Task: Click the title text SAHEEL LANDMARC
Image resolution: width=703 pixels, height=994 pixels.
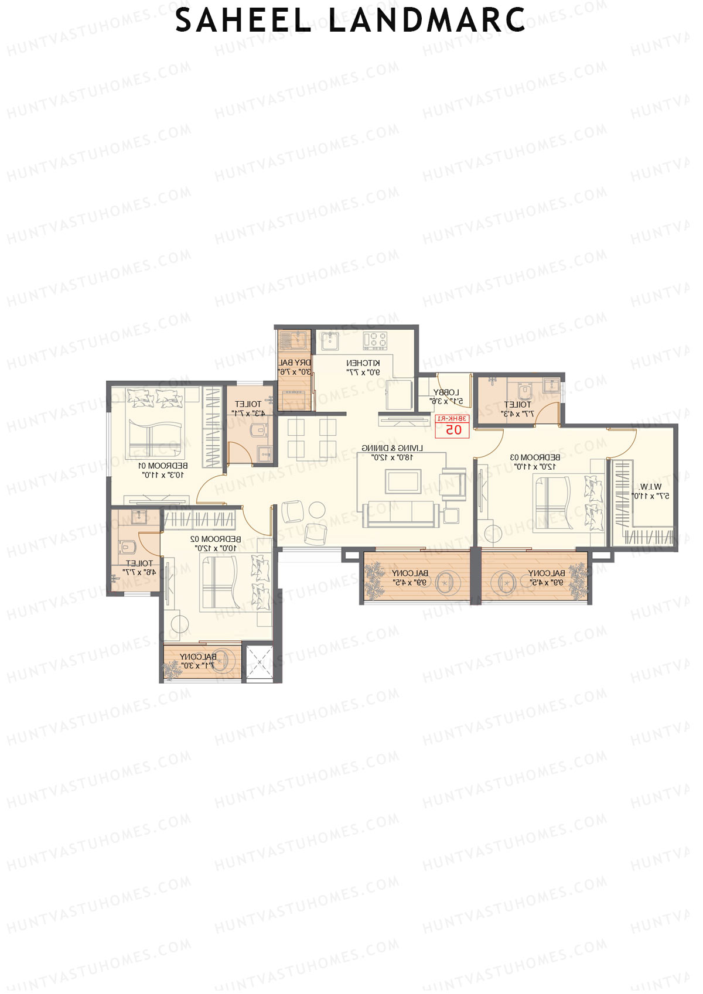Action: point(350,21)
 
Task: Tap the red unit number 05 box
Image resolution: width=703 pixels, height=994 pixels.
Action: point(453,426)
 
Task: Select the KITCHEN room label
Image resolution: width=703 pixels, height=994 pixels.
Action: point(363,363)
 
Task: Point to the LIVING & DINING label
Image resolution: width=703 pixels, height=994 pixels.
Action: point(392,448)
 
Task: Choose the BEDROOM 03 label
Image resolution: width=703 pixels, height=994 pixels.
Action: point(534,457)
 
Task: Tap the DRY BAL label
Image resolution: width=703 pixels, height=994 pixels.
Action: point(295,363)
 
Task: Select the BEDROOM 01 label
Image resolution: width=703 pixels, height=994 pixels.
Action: point(163,466)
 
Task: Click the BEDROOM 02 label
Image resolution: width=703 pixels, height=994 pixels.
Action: point(215,539)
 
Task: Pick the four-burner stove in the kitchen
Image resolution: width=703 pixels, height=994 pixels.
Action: point(375,340)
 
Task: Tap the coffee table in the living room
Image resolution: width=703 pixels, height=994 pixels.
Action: point(403,481)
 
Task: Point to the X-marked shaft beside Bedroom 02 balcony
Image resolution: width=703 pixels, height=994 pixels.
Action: point(258,662)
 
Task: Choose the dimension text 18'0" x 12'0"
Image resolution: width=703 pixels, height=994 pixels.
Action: point(392,457)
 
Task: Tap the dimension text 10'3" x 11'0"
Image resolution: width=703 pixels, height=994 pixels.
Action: point(163,475)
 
